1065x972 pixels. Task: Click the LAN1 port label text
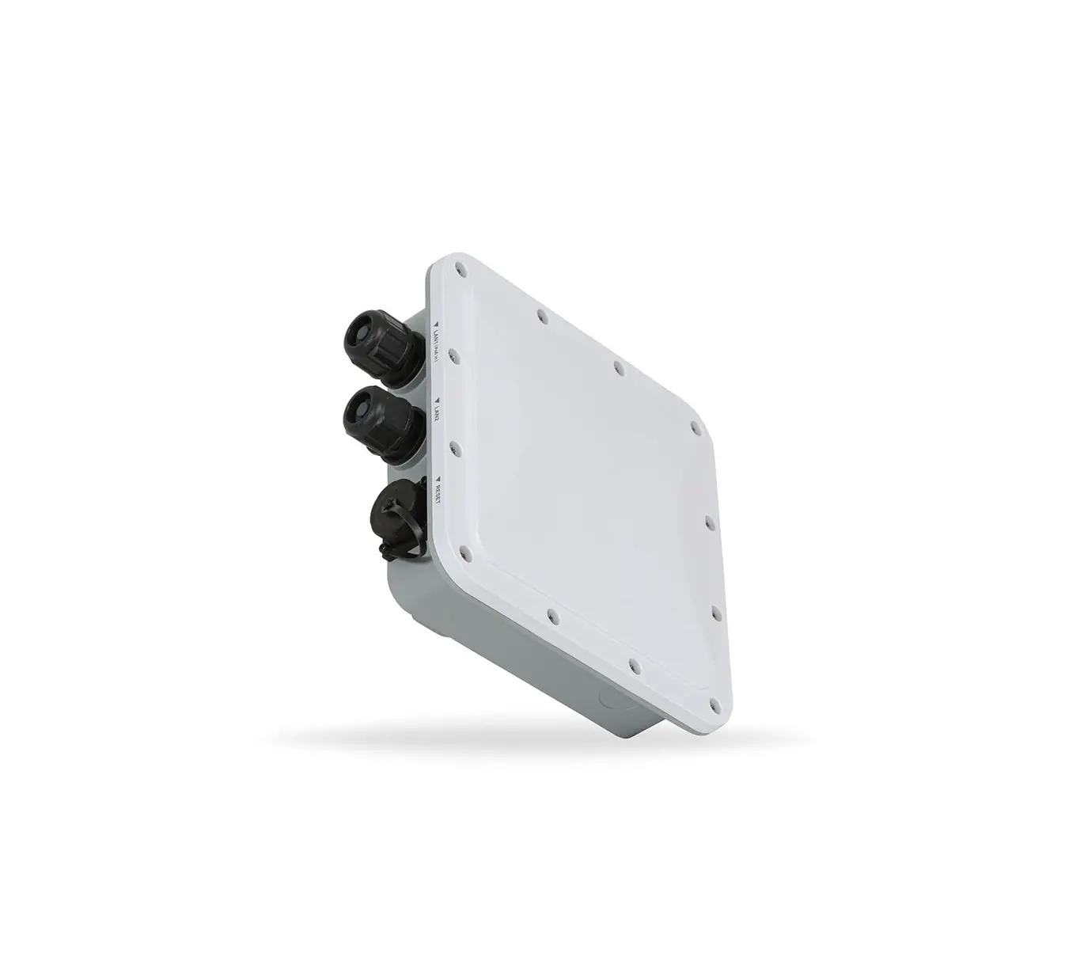point(436,336)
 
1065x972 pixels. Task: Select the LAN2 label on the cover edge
point(438,413)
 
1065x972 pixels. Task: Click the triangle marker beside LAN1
point(436,323)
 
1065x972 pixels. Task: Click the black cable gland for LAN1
point(380,347)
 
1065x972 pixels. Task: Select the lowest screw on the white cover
point(717,701)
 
